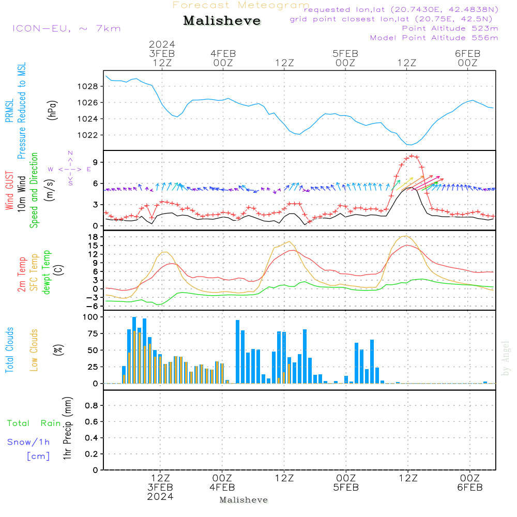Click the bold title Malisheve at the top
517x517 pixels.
222,21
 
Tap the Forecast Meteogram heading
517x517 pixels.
241,5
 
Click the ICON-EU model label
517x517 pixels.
66,28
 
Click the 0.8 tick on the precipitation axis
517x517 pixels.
92,406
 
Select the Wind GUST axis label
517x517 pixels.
9,192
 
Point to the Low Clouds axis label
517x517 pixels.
34,350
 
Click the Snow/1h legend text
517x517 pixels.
28,442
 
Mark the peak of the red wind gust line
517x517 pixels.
412,155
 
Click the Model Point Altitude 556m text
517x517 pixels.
434,38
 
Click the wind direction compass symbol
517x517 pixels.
70,169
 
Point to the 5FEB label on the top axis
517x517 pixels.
345,54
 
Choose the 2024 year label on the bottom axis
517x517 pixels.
160,496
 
